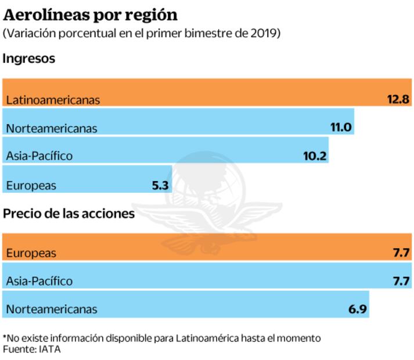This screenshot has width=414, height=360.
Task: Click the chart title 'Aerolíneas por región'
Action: pos(91,15)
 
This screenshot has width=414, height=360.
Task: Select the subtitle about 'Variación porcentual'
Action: pos(142,34)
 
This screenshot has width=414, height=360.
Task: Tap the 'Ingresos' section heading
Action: pos(29,59)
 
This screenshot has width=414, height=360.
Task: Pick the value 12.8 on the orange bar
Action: pos(398,99)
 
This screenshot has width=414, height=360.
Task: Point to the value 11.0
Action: pos(341,127)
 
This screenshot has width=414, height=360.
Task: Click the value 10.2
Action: pos(315,156)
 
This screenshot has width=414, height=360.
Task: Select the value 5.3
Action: pos(160,186)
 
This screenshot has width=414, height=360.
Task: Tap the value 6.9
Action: pos(358,309)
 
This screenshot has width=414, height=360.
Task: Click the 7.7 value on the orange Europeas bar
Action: pos(402,253)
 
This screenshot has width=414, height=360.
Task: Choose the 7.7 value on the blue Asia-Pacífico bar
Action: pos(402,281)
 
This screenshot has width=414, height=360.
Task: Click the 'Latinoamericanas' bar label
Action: pos(53,100)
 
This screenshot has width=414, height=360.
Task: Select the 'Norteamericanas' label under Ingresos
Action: pos(52,128)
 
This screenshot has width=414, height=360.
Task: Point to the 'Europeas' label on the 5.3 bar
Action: pos(31,186)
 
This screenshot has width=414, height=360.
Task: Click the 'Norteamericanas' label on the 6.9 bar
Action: pos(52,309)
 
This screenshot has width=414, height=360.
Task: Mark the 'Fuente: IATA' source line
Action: pos(32,349)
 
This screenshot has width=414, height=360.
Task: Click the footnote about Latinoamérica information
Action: pos(161,338)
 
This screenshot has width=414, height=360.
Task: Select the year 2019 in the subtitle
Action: pos(268,34)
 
